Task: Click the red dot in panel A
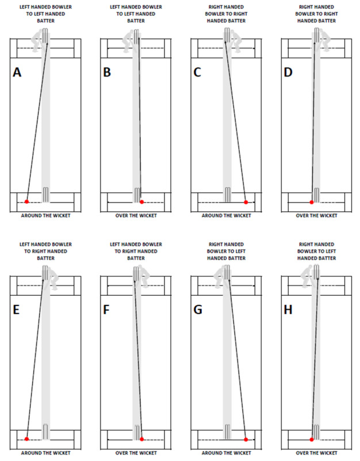(26, 201)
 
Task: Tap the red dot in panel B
(141, 201)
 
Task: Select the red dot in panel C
(246, 202)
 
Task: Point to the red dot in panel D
(312, 202)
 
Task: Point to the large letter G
(198, 310)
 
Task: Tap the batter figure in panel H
(311, 280)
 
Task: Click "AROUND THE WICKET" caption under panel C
(225, 216)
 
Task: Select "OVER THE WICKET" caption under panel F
(136, 453)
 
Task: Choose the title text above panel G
(225, 251)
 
